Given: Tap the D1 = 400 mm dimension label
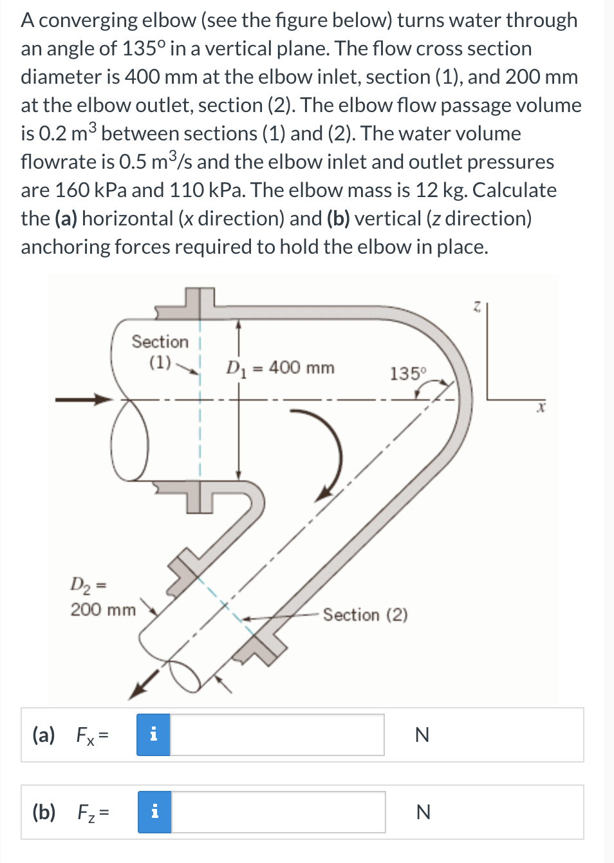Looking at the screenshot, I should (280, 368).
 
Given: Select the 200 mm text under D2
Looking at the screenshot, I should (103, 609).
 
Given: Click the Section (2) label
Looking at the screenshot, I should (365, 615).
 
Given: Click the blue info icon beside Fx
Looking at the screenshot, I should (153, 735).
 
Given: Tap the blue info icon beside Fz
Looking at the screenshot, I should (154, 812).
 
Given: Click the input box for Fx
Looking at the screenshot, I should (277, 735).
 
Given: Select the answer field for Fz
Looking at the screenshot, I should (277, 812).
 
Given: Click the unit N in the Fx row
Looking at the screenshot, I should (422, 735).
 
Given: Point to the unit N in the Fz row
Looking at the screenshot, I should (422, 812).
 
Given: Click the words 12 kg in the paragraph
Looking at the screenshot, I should (431, 190).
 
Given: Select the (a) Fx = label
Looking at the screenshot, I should (70, 735).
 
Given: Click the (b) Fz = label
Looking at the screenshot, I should (70, 812).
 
